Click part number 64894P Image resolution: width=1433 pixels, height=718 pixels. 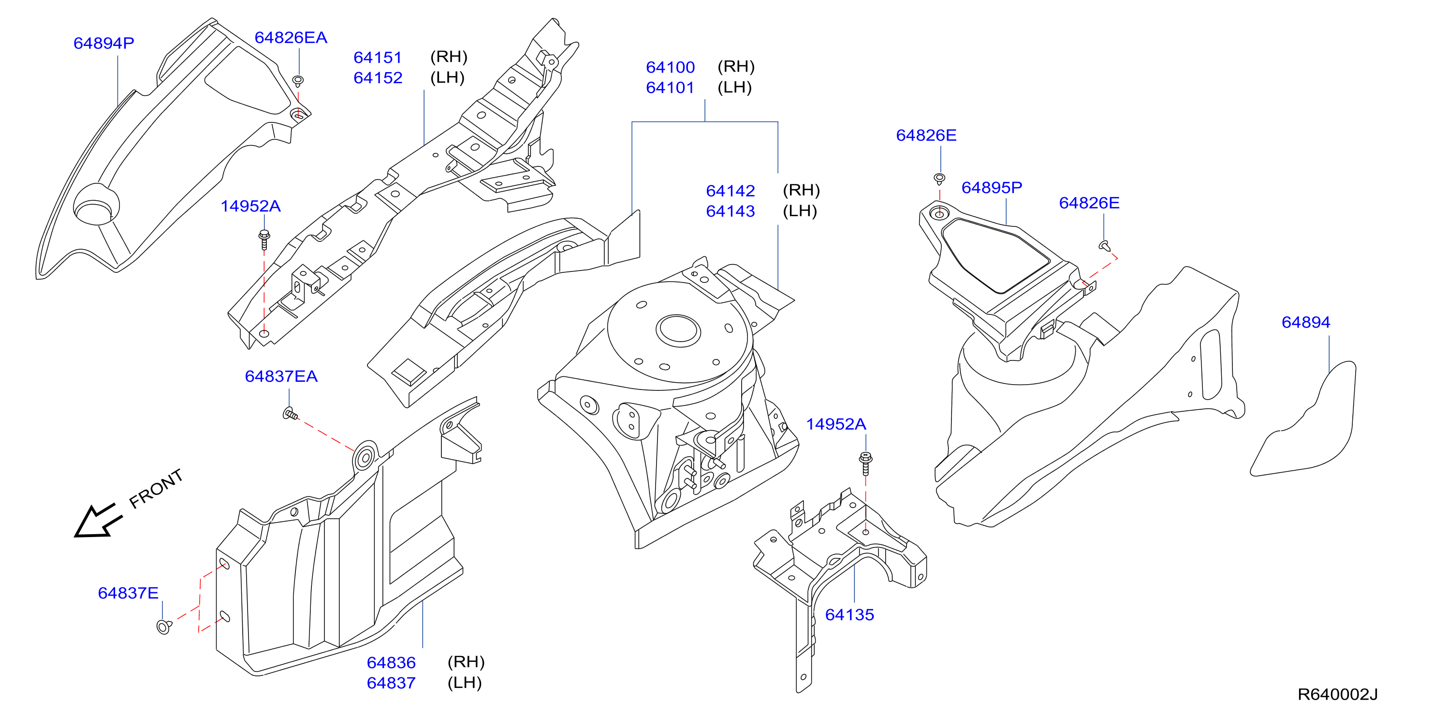coord(104,43)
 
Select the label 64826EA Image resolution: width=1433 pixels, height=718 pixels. coord(291,37)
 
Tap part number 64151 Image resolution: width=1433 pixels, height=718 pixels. coord(378,57)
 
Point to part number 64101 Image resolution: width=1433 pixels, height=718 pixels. coord(670,88)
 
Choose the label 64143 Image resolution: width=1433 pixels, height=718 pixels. coord(731,211)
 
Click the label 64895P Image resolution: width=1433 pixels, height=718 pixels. coord(992,188)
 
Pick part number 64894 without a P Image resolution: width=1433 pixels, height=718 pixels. coord(1306,322)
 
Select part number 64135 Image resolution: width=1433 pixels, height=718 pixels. coord(849,614)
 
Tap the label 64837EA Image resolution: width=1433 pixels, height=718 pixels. coord(281,376)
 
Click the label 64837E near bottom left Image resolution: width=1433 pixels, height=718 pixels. coord(129,593)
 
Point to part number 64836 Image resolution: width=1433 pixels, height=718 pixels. coord(391,662)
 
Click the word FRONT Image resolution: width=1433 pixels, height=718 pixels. coord(156,489)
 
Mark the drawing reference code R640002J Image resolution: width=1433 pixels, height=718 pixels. coord(1337,694)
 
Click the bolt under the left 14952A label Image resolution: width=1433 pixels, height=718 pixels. coord(265,239)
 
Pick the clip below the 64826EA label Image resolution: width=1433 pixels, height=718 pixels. coord(298,81)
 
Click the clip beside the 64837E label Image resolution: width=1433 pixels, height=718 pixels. coord(164,627)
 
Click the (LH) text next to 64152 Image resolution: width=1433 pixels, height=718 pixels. coord(447,77)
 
